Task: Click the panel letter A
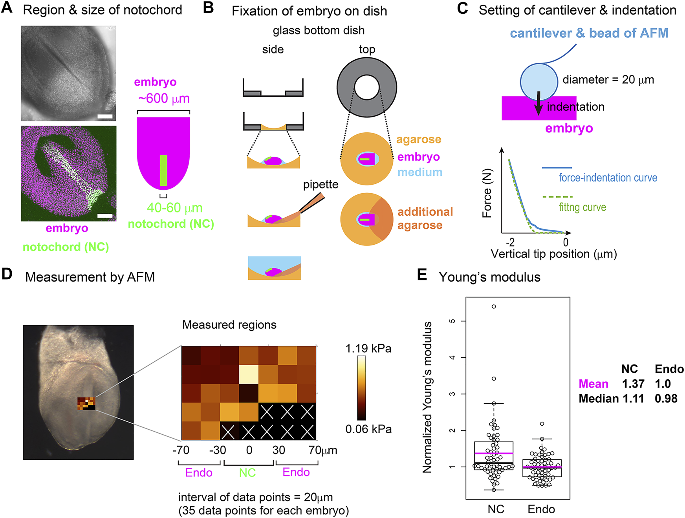click(7, 8)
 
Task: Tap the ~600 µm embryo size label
click(164, 99)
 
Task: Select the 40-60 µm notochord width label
click(174, 208)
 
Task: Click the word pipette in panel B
click(321, 185)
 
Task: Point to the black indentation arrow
click(539, 103)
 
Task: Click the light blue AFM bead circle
click(538, 81)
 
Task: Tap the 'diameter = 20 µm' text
click(608, 80)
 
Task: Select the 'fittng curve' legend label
click(582, 207)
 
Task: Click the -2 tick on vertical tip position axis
click(510, 242)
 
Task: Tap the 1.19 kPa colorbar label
click(368, 349)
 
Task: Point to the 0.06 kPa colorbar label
click(368, 429)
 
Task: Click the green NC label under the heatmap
click(247, 473)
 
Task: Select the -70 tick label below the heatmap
click(181, 450)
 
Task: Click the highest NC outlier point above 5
click(494, 306)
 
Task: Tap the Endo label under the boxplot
click(541, 509)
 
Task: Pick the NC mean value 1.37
click(633, 384)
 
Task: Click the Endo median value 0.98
click(666, 399)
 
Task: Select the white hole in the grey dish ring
click(366, 87)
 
